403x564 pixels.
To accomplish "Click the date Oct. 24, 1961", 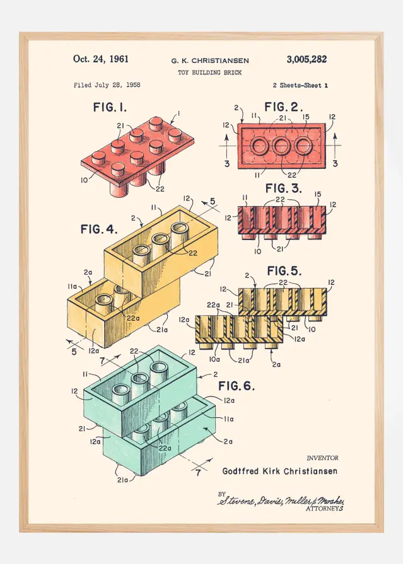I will (x=101, y=59).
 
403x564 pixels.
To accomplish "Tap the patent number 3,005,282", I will (x=307, y=59).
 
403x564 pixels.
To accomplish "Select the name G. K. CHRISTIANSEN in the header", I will (x=210, y=61).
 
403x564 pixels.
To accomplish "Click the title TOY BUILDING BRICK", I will (x=210, y=73).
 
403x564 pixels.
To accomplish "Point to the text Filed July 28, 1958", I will (x=107, y=85).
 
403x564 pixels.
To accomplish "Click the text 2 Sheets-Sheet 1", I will (x=300, y=85).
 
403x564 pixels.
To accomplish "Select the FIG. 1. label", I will (x=110, y=108).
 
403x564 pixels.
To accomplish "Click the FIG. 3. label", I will (x=284, y=188).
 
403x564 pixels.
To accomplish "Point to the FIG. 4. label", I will (x=100, y=229).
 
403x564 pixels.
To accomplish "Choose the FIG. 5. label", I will (x=284, y=271).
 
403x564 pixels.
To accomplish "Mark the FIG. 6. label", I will (x=237, y=386).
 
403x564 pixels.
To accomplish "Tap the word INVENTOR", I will (x=322, y=458).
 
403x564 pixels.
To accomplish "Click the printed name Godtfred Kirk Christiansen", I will (x=279, y=471).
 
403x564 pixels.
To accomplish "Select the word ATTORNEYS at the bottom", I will (x=325, y=508).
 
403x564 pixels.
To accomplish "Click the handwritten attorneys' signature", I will (x=281, y=500).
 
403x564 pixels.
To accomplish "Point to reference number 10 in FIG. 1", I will (x=85, y=180).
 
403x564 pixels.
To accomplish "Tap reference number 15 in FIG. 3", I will (x=317, y=194).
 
